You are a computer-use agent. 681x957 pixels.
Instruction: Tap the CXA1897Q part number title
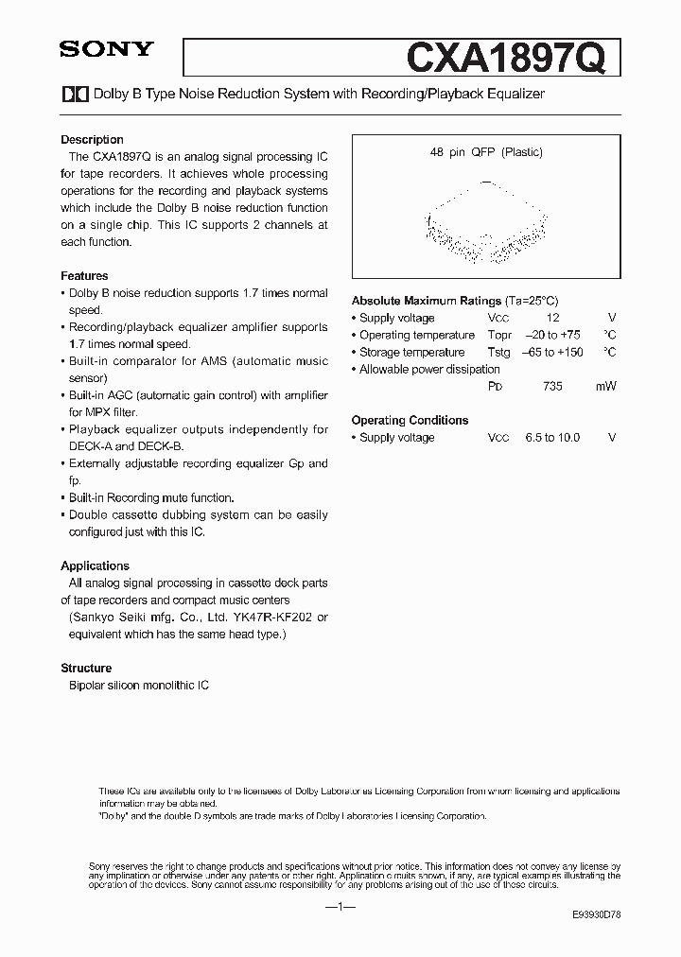[512, 59]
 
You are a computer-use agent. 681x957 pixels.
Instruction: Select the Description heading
[92, 139]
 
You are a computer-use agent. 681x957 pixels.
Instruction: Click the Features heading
[84, 276]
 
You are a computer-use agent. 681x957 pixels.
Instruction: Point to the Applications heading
[95, 565]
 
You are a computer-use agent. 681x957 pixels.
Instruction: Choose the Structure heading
[86, 668]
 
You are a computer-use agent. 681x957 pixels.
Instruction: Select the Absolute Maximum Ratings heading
[427, 301]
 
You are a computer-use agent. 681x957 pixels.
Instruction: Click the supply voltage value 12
[552, 319]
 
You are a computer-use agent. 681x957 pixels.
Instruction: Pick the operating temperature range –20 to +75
[552, 336]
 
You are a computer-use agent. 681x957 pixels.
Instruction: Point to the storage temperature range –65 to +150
[552, 353]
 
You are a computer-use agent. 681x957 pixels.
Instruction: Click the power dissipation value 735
[552, 387]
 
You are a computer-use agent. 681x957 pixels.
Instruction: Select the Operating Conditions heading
[410, 420]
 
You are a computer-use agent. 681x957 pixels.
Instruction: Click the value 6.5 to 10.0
[552, 438]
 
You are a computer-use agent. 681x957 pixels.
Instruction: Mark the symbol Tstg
[498, 353]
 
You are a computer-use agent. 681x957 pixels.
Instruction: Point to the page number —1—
[340, 907]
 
